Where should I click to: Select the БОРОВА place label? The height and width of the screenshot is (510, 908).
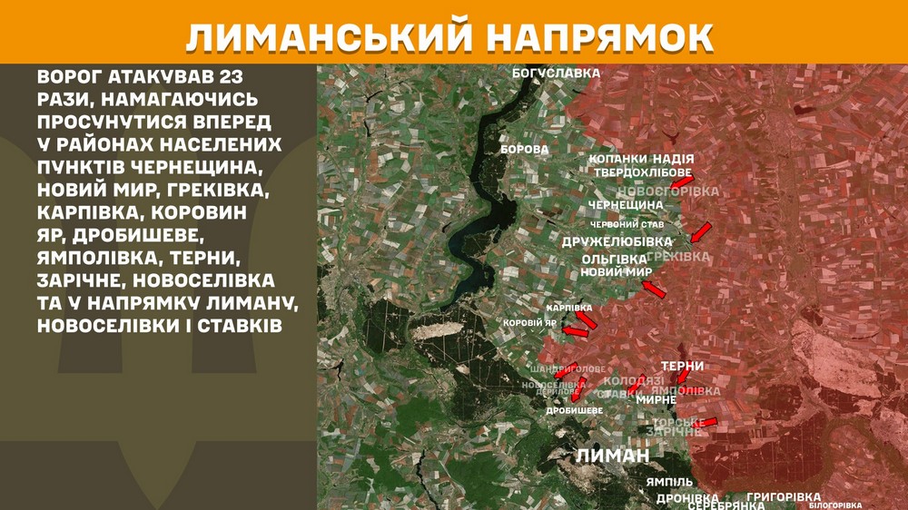pyautogui.click(x=525, y=149)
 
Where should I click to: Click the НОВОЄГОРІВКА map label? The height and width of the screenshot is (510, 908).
pyautogui.click(x=667, y=191)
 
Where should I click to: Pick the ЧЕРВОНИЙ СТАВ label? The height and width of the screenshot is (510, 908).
pyautogui.click(x=627, y=224)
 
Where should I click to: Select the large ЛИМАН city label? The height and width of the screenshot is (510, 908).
pyautogui.click(x=613, y=456)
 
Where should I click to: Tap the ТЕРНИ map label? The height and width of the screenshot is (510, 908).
pyautogui.click(x=682, y=366)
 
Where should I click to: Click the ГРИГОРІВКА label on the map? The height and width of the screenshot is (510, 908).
pyautogui.click(x=784, y=497)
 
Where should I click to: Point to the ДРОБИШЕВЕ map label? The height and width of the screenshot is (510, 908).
pyautogui.click(x=574, y=411)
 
